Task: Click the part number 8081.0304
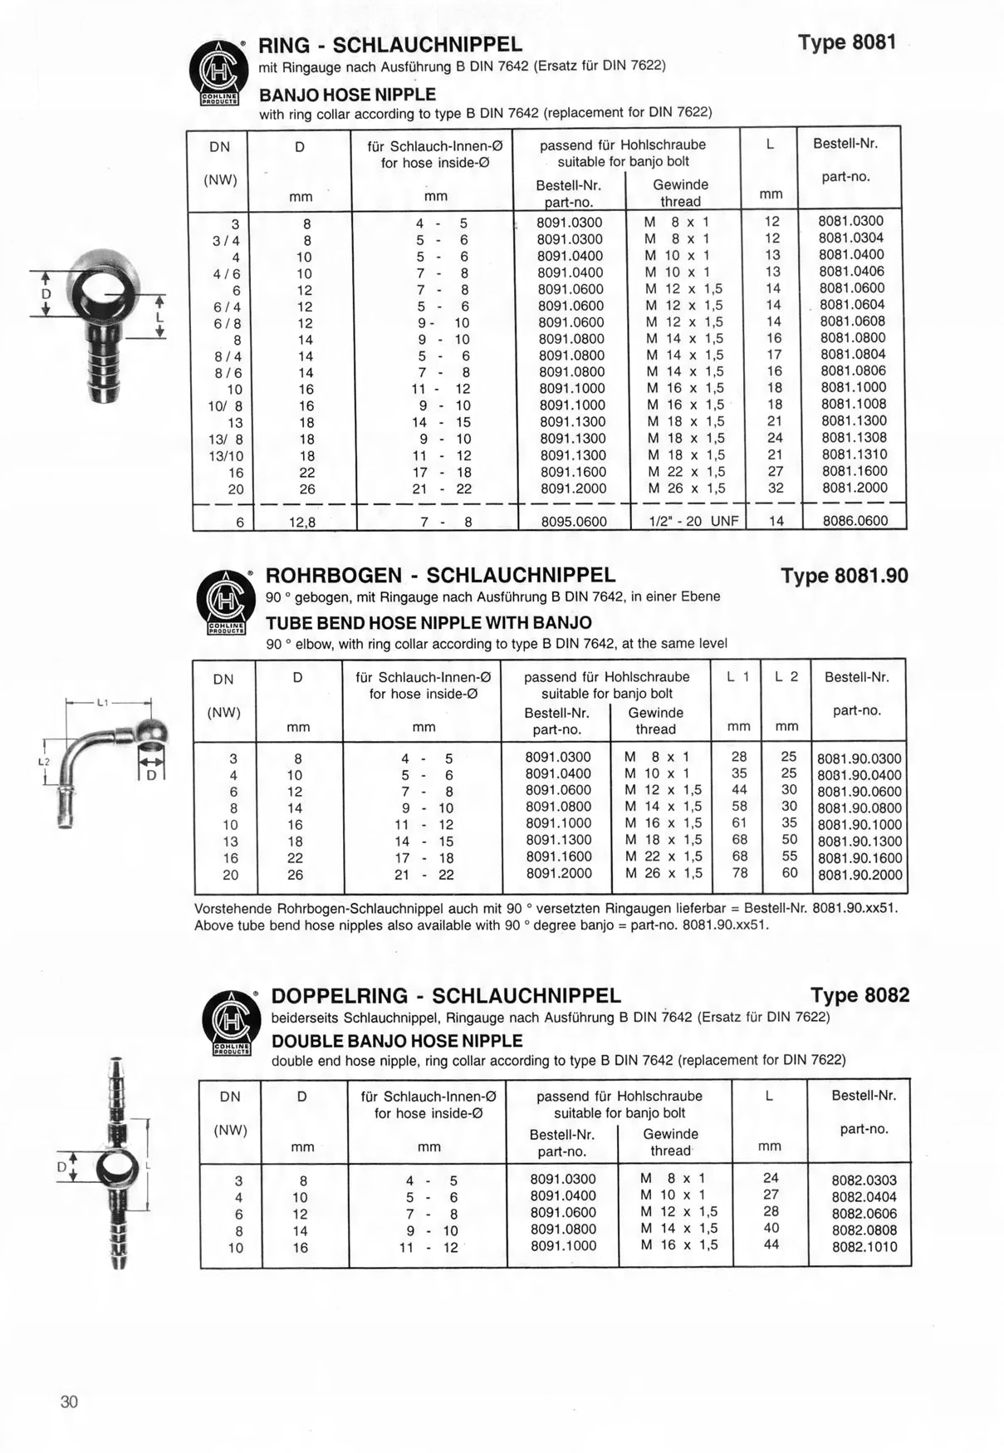tap(851, 238)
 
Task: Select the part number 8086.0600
tap(855, 521)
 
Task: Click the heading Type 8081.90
tap(844, 576)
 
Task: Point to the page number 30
tap(69, 1401)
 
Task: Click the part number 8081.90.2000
tap(859, 875)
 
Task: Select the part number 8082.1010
tap(864, 1246)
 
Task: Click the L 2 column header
tap(786, 677)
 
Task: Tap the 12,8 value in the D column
tap(302, 523)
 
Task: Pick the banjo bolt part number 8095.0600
tap(573, 522)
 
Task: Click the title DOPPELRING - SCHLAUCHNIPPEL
tap(446, 996)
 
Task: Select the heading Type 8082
tap(860, 995)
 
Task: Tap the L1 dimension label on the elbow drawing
tap(102, 703)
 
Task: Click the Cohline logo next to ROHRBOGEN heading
tap(224, 602)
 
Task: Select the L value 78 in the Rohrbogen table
tap(739, 873)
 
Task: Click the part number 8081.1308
tap(854, 438)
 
